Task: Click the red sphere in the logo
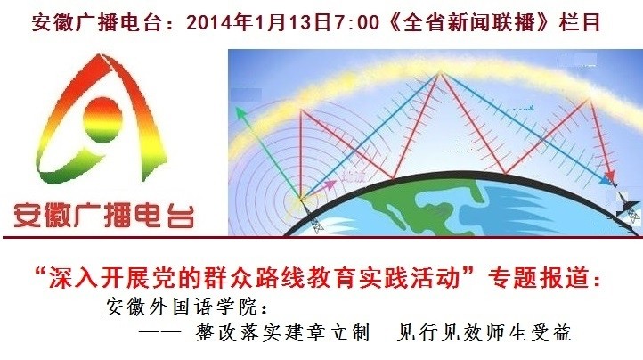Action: click(102, 119)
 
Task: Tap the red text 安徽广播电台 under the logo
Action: click(103, 215)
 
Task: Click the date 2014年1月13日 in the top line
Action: click(259, 21)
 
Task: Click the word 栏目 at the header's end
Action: click(580, 21)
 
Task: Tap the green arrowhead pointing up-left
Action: click(240, 112)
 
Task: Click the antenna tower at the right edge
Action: click(629, 208)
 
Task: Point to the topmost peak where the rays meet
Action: click(440, 73)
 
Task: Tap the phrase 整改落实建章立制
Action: click(283, 332)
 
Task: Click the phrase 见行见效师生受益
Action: click(484, 332)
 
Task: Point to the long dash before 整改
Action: click(159, 332)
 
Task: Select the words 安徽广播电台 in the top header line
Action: click(97, 22)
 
